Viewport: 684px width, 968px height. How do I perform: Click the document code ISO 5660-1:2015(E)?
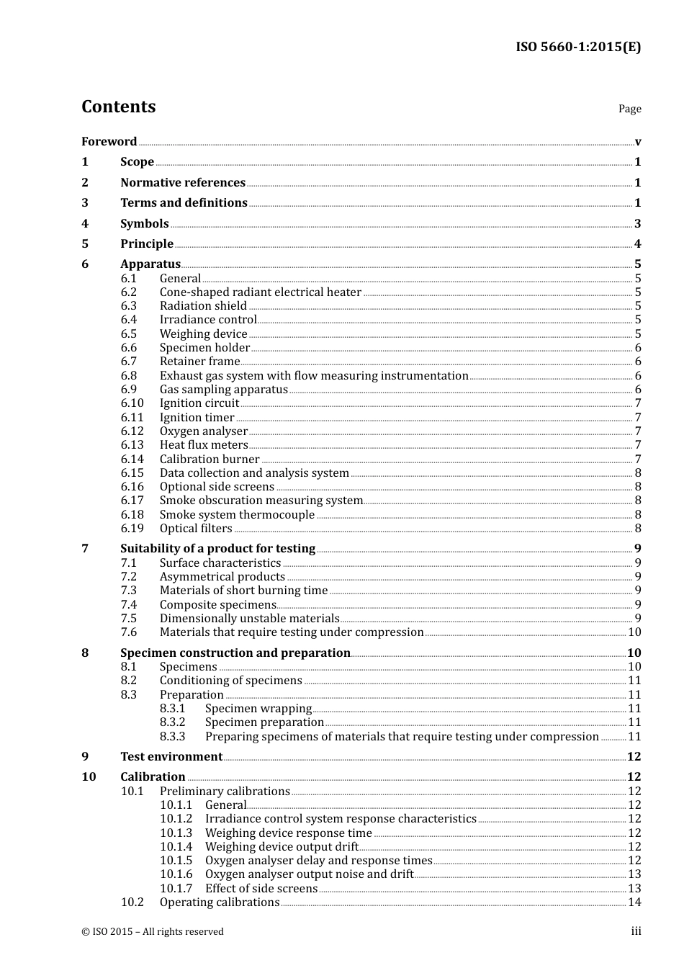click(x=577, y=48)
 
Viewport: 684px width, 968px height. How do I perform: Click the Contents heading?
click(x=118, y=107)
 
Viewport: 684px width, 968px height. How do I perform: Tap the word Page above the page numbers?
click(x=629, y=109)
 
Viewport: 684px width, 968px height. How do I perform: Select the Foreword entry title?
click(x=109, y=142)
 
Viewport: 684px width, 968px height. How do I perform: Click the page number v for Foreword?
click(x=638, y=142)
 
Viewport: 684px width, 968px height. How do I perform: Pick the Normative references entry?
click(x=183, y=183)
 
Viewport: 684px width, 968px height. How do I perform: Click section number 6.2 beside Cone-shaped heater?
click(x=129, y=292)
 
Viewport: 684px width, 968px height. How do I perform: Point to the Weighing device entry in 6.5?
click(x=203, y=334)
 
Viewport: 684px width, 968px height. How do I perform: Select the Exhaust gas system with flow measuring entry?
click(x=314, y=376)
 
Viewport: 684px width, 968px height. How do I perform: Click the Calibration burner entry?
click(x=210, y=460)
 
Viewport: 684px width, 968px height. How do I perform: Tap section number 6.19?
click(x=132, y=529)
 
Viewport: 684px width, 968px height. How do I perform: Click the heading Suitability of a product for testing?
click(x=217, y=549)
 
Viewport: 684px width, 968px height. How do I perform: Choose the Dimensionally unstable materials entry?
click(x=249, y=619)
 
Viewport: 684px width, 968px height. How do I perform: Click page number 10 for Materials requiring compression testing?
click(x=634, y=632)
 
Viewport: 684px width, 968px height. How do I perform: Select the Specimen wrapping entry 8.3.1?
click(x=258, y=709)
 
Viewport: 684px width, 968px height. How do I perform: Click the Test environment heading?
click(x=171, y=757)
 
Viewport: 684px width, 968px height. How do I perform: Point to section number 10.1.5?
click(x=176, y=861)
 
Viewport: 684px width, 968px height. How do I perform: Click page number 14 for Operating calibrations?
click(x=634, y=902)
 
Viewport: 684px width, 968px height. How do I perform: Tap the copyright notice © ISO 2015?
click(x=152, y=932)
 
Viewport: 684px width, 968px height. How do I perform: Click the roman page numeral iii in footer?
click(x=636, y=932)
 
